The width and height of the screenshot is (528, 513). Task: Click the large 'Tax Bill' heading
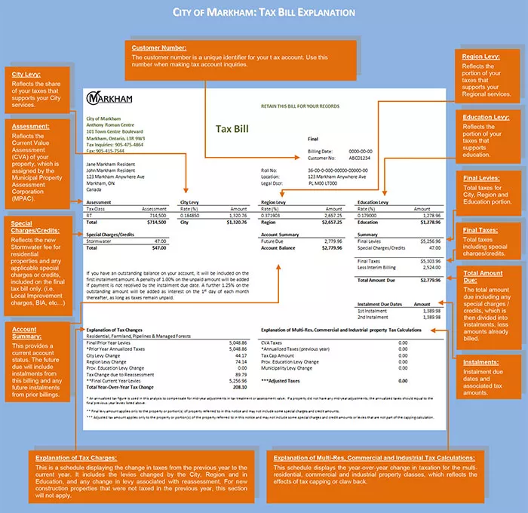233,129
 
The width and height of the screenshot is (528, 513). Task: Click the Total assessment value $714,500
154,223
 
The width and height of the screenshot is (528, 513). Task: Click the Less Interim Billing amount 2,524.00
430,266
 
